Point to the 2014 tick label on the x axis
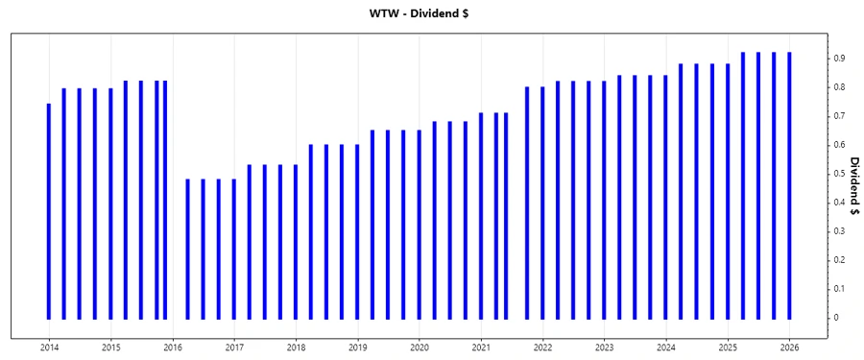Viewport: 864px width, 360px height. click(x=49, y=346)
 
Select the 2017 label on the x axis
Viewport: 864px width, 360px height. click(x=234, y=346)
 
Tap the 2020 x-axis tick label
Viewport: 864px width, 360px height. click(x=420, y=346)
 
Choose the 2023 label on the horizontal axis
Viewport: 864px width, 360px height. click(x=604, y=346)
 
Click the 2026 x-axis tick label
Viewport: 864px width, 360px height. click(x=789, y=346)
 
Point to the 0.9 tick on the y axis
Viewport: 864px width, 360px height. click(x=838, y=59)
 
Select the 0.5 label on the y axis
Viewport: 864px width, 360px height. click(x=838, y=174)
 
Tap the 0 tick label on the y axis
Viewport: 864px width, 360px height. click(x=835, y=318)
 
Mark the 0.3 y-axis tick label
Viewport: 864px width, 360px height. click(x=838, y=231)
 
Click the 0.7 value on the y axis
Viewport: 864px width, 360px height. click(x=838, y=116)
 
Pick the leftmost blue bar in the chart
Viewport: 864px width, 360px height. click(x=49, y=211)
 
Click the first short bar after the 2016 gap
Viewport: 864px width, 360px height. click(x=187, y=249)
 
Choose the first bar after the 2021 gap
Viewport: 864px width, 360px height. click(x=527, y=203)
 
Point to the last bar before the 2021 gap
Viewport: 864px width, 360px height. click(x=506, y=215)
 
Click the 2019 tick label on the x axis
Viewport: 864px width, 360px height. click(x=357, y=346)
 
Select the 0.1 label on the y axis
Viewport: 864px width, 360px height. click(x=838, y=289)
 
